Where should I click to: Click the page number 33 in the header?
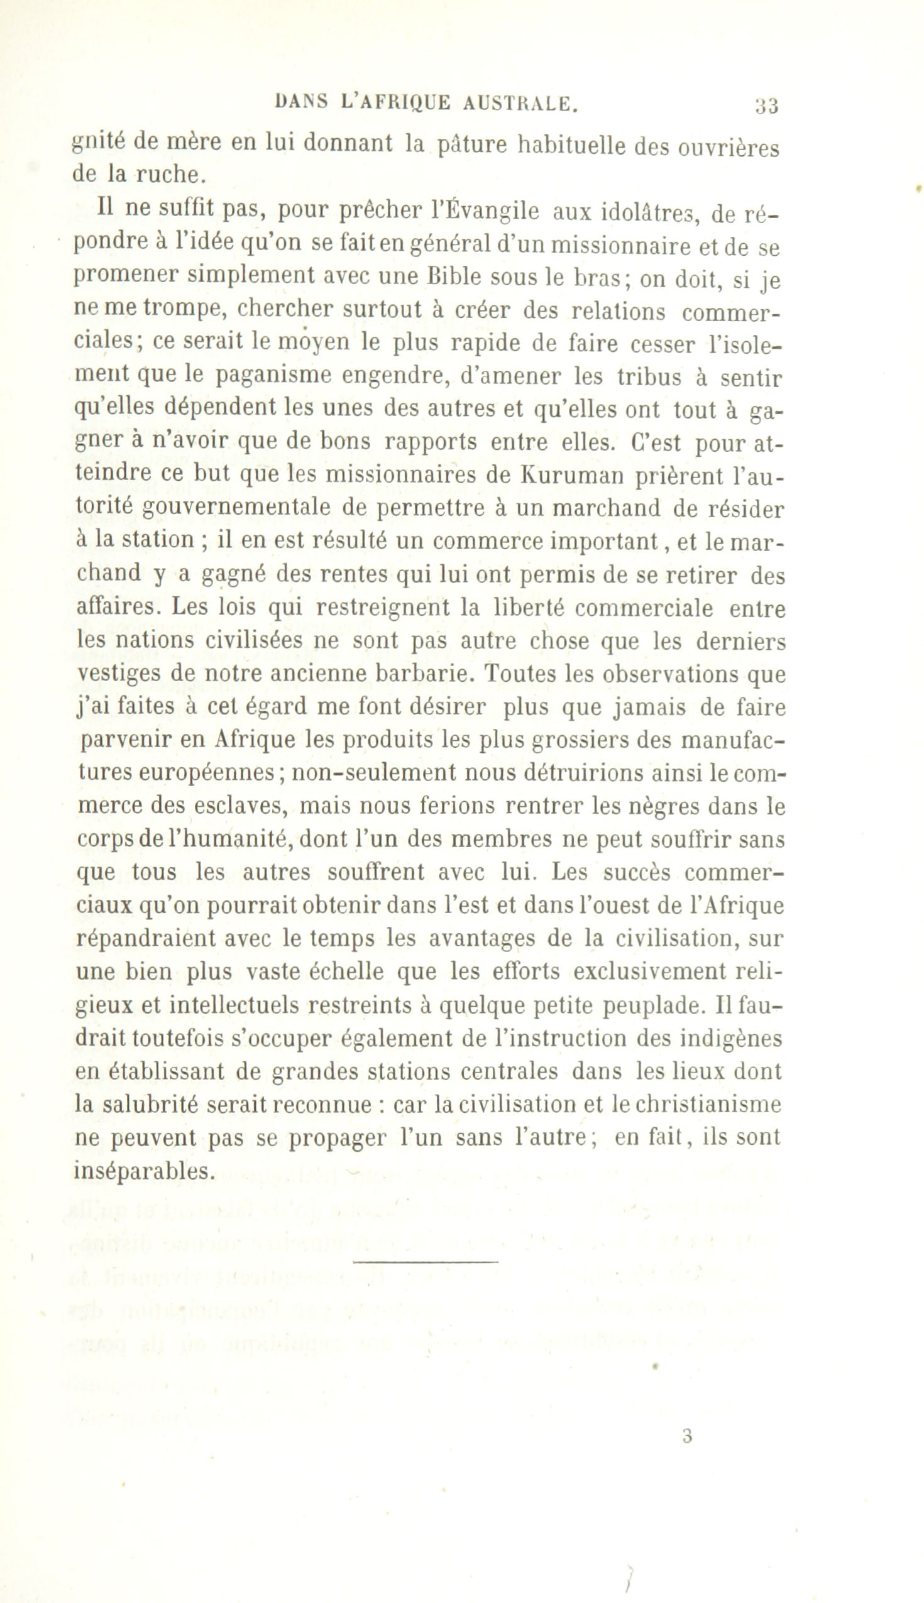pos(767,106)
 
